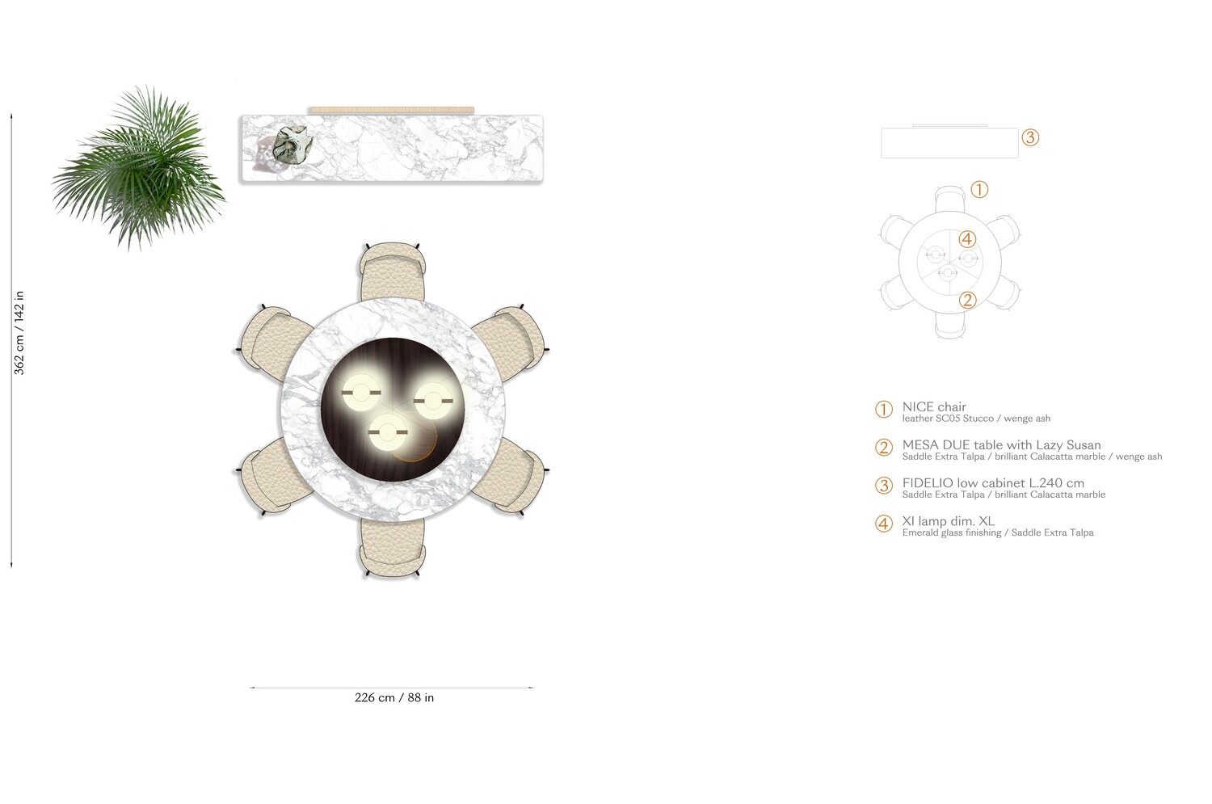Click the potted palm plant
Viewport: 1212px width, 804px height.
[140, 168]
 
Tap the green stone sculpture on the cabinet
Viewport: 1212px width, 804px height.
[292, 144]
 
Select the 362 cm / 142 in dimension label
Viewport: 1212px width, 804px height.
[19, 333]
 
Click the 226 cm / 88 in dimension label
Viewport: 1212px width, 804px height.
[394, 697]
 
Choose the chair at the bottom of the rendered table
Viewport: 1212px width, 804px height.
[392, 548]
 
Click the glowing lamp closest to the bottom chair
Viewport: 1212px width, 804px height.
[387, 432]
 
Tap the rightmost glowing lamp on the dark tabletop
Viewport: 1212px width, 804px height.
[433, 401]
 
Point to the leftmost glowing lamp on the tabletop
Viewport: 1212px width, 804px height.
[361, 392]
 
